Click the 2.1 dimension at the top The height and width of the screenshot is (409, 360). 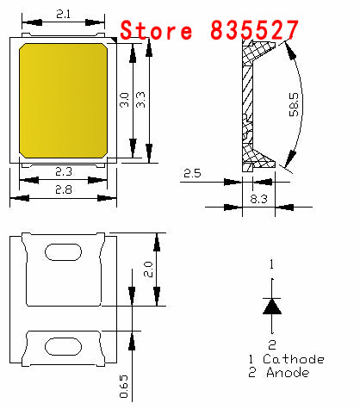coord(64,14)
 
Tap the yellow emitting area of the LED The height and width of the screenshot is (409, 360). coord(64,99)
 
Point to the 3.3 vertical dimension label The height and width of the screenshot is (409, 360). coord(141,101)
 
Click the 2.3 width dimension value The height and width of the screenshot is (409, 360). coord(65,171)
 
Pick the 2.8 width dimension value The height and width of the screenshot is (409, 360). coord(65,189)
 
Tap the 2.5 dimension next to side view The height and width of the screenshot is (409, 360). coord(192,175)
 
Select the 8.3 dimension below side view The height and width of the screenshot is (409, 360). coord(258,198)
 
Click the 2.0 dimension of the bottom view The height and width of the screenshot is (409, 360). coord(149,270)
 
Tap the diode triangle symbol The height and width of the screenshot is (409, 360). coord(272,306)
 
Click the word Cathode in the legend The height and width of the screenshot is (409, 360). coord(295,359)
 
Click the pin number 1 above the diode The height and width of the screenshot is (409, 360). coord(272,263)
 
